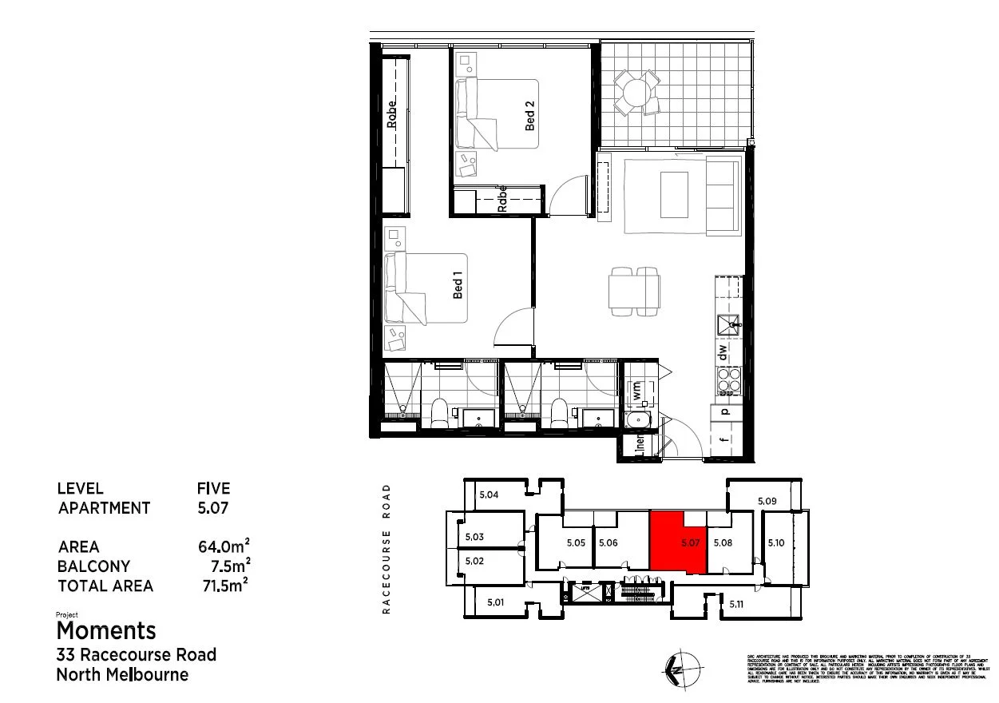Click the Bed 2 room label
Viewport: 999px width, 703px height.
[x=529, y=116]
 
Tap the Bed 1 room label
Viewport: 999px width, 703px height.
[x=458, y=284]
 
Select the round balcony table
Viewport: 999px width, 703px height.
[x=636, y=93]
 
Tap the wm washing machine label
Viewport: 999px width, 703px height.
[x=637, y=391]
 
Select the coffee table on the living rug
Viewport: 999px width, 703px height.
[x=674, y=194]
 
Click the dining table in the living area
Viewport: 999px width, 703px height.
[x=634, y=290]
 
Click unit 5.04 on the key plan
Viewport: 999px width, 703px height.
[x=489, y=495]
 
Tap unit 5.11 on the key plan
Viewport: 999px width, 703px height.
[x=736, y=605]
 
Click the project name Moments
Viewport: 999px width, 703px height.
[x=106, y=630]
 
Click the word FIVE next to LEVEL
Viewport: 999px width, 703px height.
[x=213, y=488]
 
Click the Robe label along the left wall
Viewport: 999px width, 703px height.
[x=391, y=114]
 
